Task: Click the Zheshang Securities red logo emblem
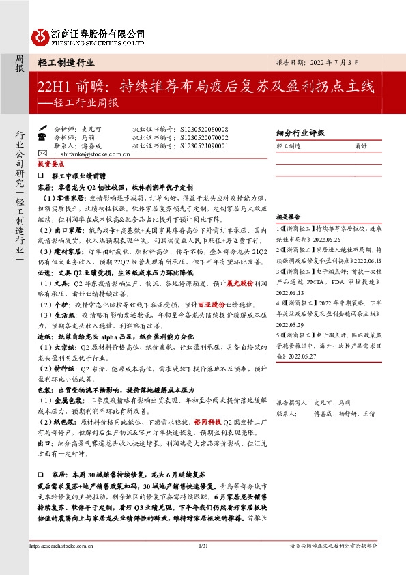(41, 34)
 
